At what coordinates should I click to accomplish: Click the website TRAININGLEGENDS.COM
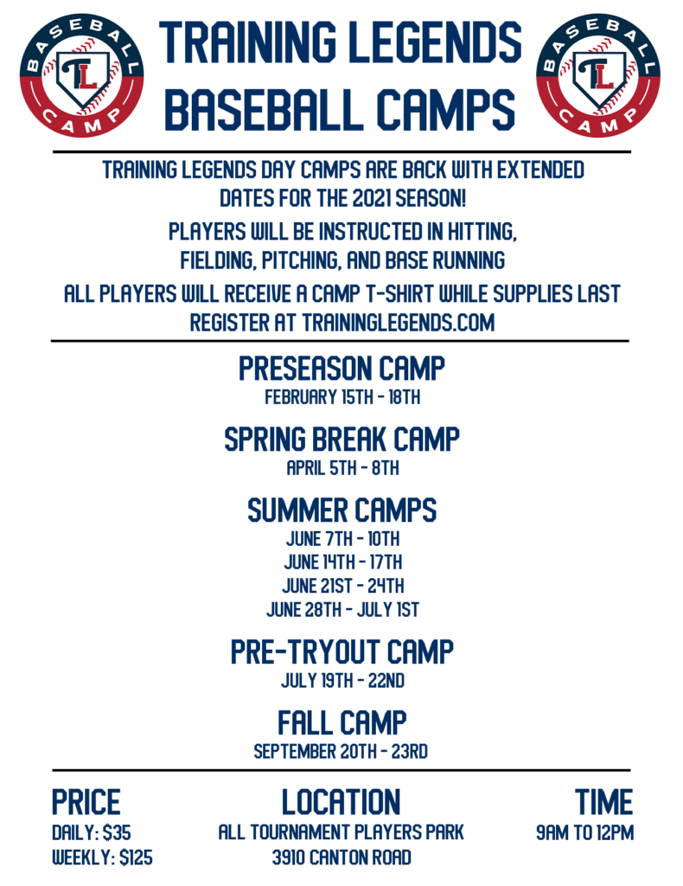398,322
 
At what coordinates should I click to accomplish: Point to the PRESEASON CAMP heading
341,369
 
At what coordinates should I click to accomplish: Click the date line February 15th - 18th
341,398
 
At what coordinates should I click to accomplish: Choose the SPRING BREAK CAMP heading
341,440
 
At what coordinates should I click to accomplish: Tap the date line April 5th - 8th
341,469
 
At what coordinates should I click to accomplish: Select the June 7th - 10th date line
342,539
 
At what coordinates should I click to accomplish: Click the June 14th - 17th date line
342,562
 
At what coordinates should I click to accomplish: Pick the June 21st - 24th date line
342,586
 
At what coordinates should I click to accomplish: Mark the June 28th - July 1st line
342,609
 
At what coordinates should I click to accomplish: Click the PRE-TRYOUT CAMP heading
341,652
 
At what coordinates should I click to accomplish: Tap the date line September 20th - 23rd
341,751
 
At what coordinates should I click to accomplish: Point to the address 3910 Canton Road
341,858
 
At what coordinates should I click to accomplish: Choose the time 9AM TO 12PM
584,833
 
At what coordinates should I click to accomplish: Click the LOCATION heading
341,802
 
